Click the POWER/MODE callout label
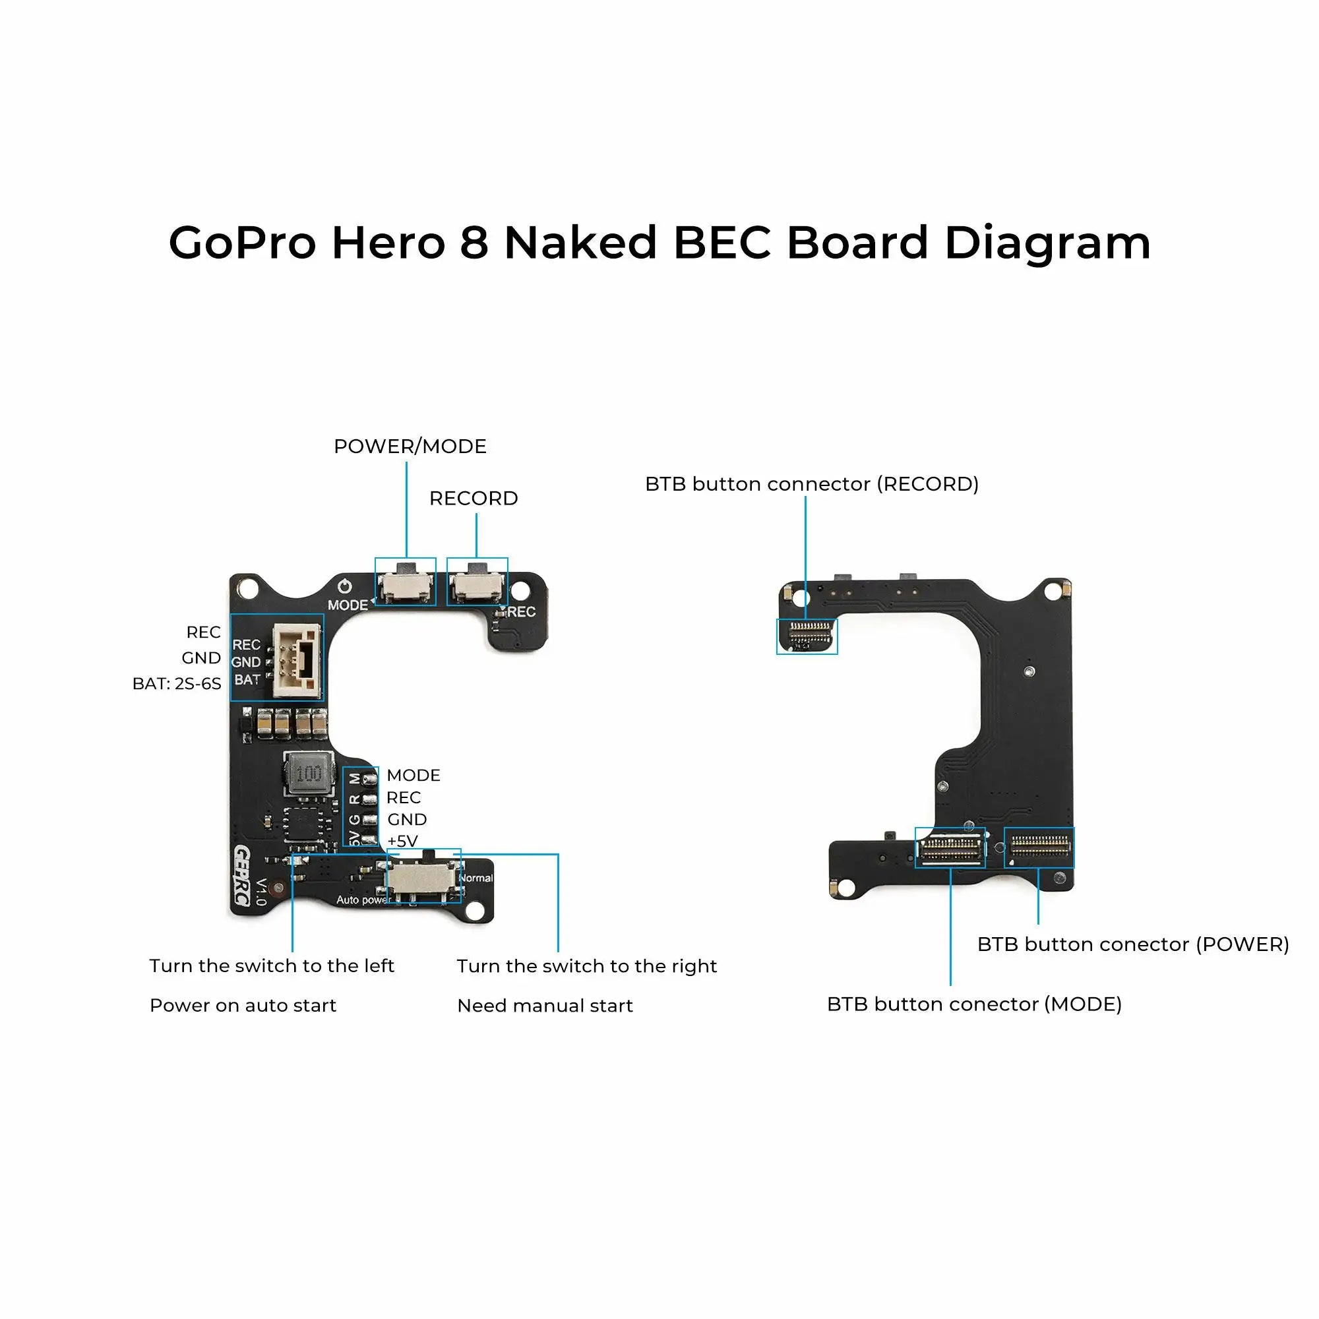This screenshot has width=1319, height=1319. point(410,446)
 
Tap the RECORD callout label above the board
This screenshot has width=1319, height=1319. point(473,499)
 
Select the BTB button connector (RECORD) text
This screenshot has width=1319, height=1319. point(811,484)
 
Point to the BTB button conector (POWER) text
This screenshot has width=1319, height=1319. point(1132,944)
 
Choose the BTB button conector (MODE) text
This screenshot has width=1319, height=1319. point(973,1004)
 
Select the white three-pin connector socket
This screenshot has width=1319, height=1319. point(297,661)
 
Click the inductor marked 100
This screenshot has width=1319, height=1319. point(309,774)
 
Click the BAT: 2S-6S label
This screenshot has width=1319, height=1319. point(177,684)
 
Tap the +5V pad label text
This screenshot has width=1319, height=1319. point(403,841)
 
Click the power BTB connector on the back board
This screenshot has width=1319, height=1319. point(1039,847)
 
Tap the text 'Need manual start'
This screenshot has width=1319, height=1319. point(545,1006)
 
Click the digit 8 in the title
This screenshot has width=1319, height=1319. point(473,243)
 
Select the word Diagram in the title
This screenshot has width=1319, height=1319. point(1047,245)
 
